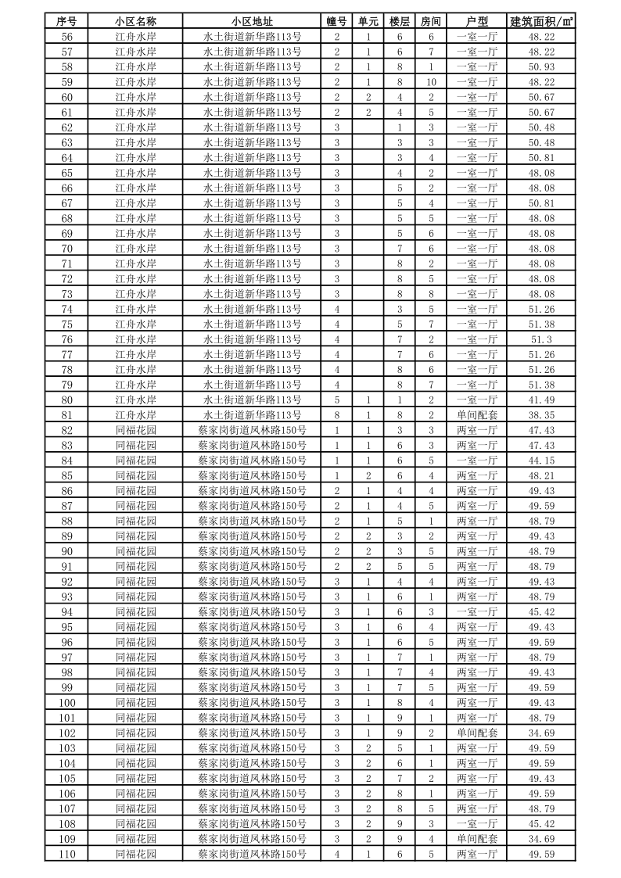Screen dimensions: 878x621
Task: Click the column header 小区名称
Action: coord(135,21)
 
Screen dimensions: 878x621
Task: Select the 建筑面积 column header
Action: coord(541,21)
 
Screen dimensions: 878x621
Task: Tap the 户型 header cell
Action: coord(476,21)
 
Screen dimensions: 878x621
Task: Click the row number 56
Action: coord(66,36)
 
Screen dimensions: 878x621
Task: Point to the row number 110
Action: coord(66,855)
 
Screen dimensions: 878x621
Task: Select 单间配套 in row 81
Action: coord(476,415)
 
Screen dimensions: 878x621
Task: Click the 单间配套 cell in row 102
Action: coord(476,733)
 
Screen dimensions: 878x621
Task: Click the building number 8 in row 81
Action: coord(336,415)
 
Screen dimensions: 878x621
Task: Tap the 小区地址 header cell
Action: coord(252,21)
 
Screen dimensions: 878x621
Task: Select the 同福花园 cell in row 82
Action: coord(135,430)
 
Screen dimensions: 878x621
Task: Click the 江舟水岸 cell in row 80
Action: coord(135,400)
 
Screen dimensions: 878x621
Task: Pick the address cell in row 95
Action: coord(252,627)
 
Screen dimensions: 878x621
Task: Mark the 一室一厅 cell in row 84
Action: coord(476,461)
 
